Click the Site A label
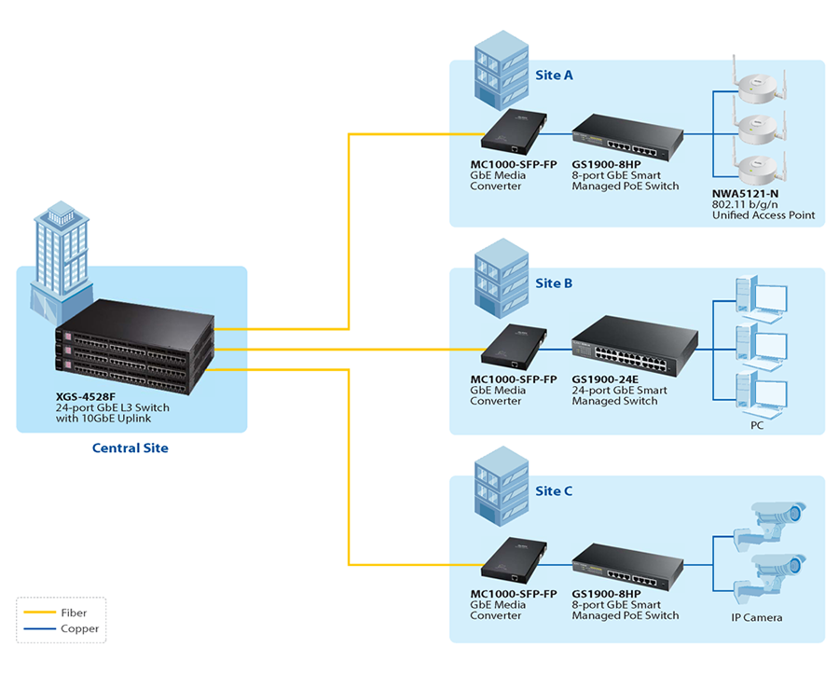(x=554, y=75)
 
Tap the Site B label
(x=554, y=282)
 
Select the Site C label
(x=554, y=491)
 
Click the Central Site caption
(x=131, y=448)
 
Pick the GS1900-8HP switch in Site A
(x=626, y=136)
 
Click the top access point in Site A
(x=757, y=87)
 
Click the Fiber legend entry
(x=74, y=613)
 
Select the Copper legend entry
(x=78, y=629)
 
